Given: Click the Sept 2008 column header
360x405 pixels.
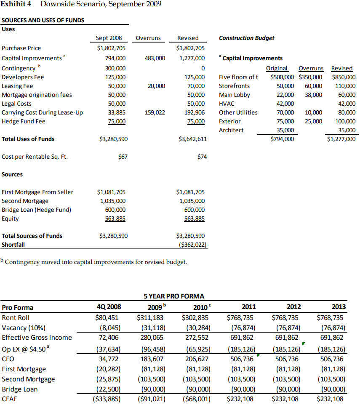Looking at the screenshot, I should (x=109, y=38).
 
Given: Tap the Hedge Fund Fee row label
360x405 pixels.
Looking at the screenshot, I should (x=24, y=121).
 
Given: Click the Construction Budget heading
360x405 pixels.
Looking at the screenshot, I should (x=246, y=38).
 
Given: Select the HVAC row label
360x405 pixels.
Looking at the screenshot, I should (x=227, y=104).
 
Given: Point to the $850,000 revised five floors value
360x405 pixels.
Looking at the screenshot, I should (x=344, y=77).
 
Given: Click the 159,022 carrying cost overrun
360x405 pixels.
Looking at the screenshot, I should (x=155, y=112).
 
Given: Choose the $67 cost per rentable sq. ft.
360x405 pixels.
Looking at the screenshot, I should (x=123, y=157).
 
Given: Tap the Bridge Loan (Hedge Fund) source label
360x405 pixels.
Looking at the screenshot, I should (x=36, y=210).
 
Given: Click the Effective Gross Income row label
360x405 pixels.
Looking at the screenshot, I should (x=37, y=338).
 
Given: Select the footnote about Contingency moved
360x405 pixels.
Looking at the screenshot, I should (x=95, y=262).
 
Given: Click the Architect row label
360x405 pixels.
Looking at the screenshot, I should (x=231, y=130).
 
